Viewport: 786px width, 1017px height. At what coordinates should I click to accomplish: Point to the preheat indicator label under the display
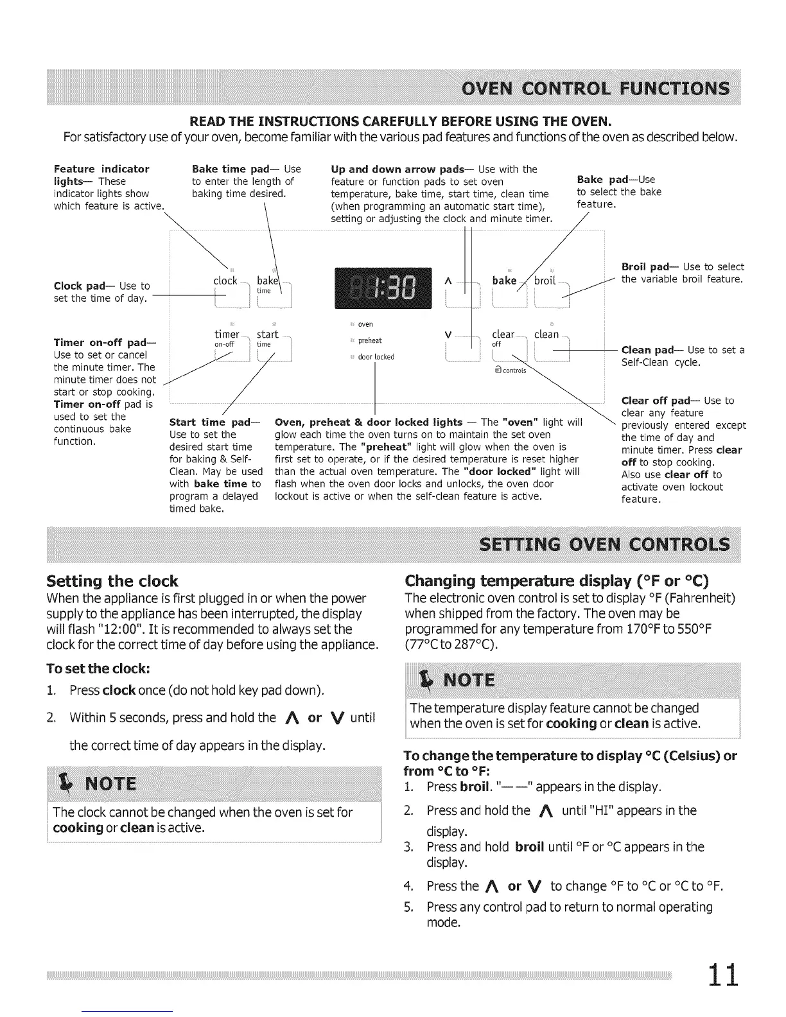pos(370,341)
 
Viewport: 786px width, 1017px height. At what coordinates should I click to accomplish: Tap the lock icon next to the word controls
pos(498,370)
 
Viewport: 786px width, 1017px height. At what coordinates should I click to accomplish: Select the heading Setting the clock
pos(112,582)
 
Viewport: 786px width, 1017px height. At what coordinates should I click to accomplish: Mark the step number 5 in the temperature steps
pos(408,907)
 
